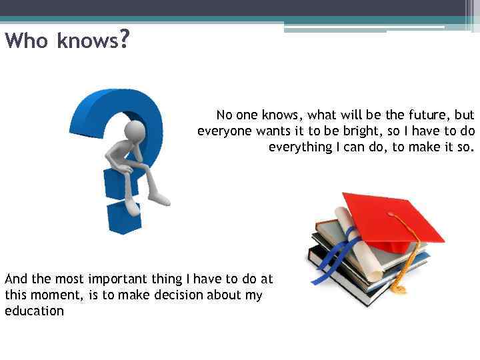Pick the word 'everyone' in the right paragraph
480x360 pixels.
223,131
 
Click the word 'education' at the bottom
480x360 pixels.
34,311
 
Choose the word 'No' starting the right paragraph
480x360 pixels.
225,115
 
